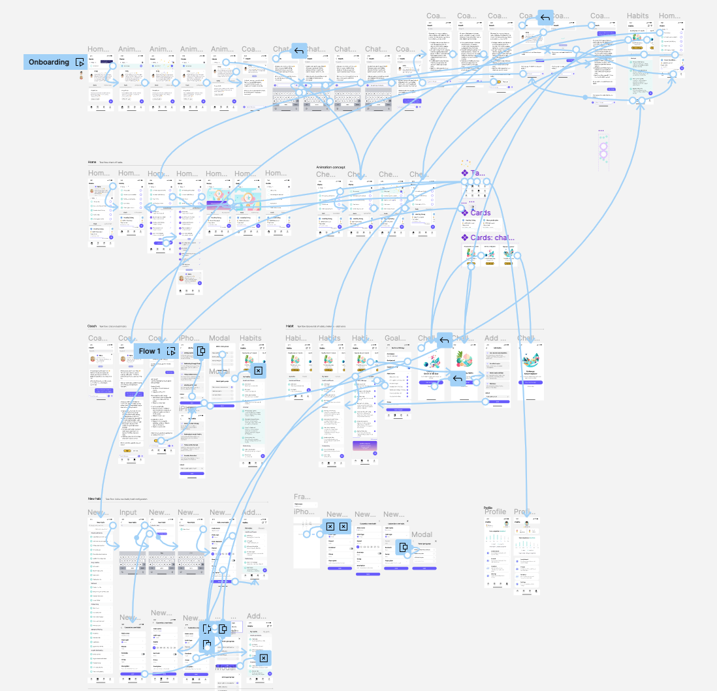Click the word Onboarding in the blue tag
[49, 62]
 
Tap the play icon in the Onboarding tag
[80, 62]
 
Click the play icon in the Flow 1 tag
[171, 351]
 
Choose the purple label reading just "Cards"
[480, 213]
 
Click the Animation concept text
[330, 167]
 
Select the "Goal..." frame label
[395, 339]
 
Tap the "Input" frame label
[128, 513]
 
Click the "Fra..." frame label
[302, 497]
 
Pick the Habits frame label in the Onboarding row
[637, 16]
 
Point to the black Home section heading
[92, 162]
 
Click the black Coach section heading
[92, 326]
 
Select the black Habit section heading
[289, 326]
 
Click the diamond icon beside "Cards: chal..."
[464, 238]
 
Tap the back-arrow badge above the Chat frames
[299, 51]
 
